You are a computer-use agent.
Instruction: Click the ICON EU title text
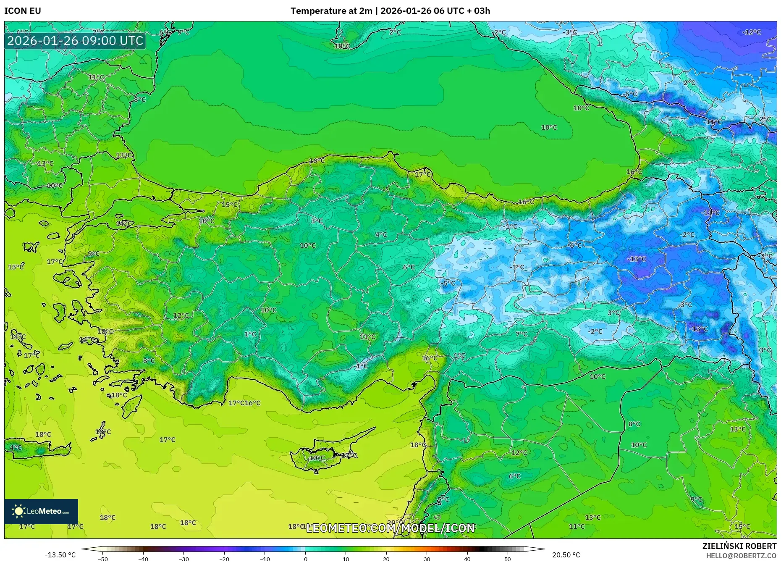(23, 11)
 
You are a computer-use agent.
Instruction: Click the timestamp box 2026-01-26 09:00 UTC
(75, 41)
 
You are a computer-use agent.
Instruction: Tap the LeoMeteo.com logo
(41, 512)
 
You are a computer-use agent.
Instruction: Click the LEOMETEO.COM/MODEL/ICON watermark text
(390, 528)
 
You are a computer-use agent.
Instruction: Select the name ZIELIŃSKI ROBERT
(739, 546)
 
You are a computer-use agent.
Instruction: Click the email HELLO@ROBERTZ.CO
(741, 556)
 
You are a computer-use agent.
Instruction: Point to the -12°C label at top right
(751, 32)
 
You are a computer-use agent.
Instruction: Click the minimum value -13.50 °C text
(60, 555)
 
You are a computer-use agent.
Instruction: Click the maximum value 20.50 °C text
(566, 555)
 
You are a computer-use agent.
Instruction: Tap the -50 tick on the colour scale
(103, 559)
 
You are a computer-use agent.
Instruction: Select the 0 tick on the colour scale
(305, 559)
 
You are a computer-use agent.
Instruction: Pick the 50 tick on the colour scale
(508, 559)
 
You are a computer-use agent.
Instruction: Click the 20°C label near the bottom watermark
(394, 523)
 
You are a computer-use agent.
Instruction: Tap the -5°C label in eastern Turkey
(448, 283)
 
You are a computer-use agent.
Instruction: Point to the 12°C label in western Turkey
(181, 315)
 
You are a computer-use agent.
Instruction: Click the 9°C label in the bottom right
(696, 499)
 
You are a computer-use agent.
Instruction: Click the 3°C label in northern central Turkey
(317, 221)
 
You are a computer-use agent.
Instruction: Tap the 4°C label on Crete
(16, 448)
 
